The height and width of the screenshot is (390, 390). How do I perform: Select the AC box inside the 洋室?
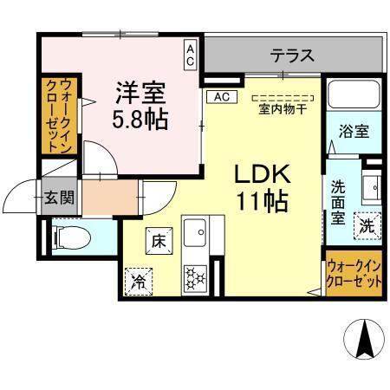point(189,55)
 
